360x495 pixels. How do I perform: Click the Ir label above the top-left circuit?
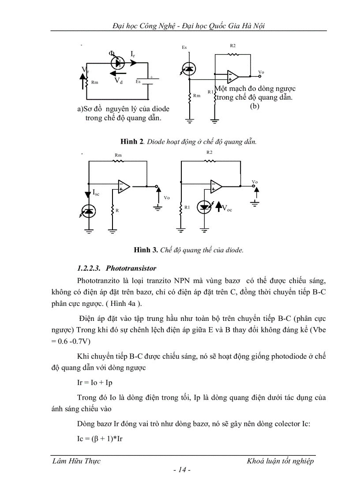click(x=133, y=54)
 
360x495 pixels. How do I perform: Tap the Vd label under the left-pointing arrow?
click(x=118, y=81)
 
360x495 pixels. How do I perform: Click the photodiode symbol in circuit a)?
click(x=117, y=63)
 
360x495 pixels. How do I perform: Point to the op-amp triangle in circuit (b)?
click(x=232, y=77)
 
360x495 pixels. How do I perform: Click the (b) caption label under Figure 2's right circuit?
click(x=255, y=106)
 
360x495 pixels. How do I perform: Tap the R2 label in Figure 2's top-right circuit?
click(x=233, y=46)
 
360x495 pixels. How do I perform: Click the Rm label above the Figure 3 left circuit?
click(x=118, y=155)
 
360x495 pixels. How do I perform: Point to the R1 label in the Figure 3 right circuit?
click(x=187, y=207)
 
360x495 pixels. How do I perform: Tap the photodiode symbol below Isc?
click(x=90, y=212)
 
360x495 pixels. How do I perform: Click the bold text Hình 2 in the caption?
click(x=132, y=142)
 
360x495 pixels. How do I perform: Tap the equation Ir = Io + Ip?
click(x=94, y=383)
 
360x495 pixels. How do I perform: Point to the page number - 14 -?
click(x=182, y=470)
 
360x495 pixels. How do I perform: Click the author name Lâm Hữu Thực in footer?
click(x=76, y=461)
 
